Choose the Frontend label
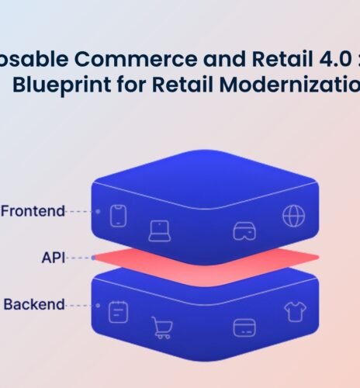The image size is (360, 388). pos(33,210)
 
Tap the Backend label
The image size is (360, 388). pos(34,304)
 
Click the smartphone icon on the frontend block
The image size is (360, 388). pos(118,215)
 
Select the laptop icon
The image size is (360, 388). pos(160,230)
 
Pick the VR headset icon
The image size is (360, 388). pos(244,231)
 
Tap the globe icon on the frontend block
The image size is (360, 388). pos(293,216)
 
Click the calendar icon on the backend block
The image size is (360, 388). pos(118,311)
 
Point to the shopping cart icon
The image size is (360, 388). pos(161,328)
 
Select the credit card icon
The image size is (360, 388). pos(244,327)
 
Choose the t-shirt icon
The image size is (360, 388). pos(295,311)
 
